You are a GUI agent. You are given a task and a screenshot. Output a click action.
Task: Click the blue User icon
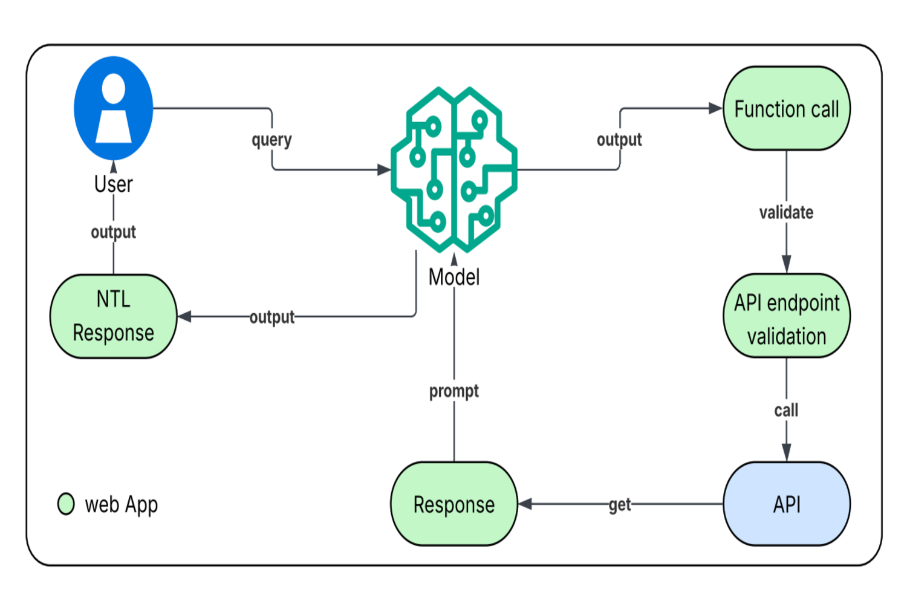[114, 108]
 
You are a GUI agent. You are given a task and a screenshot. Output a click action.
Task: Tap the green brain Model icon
[454, 169]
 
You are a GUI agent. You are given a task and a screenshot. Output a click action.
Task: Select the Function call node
[786, 109]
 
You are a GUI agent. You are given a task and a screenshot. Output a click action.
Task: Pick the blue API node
[786, 504]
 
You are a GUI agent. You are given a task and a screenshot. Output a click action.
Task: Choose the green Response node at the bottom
[454, 504]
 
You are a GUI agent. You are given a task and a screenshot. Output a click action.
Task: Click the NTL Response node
[114, 316]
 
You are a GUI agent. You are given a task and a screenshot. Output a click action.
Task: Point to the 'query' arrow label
[271, 140]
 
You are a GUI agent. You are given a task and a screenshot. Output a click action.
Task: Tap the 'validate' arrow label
[786, 212]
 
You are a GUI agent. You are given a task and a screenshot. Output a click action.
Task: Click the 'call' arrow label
[786, 411]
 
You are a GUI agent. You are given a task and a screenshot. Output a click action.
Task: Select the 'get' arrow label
[620, 504]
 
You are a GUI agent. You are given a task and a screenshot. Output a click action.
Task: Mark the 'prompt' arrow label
[454, 391]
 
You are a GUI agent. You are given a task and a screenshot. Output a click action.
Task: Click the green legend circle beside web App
[66, 504]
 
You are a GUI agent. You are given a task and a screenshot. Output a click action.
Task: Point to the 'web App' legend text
[121, 504]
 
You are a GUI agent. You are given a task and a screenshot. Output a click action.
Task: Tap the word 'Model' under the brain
[454, 278]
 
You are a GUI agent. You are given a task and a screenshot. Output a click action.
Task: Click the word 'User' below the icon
[114, 184]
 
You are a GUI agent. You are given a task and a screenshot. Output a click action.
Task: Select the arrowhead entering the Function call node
[716, 109]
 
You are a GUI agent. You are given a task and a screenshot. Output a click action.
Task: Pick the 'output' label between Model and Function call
[619, 140]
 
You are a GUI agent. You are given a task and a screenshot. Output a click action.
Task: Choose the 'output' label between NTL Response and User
[114, 232]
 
